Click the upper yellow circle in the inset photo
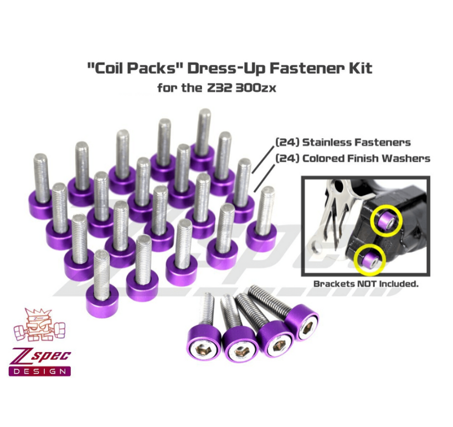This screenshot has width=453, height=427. coord(386,220)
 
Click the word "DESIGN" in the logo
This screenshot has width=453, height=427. coord(39,370)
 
